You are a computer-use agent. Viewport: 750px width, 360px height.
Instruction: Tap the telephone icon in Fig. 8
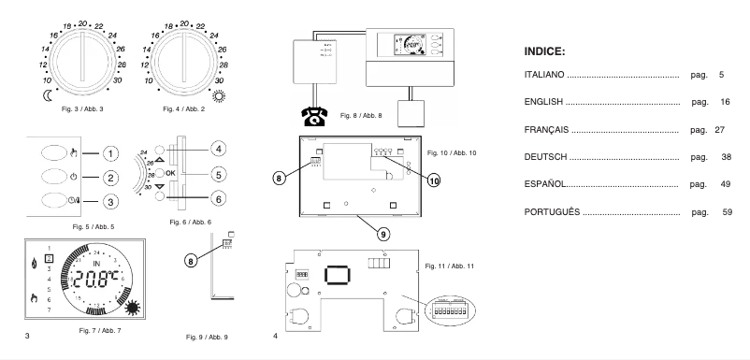pyautogui.click(x=312, y=117)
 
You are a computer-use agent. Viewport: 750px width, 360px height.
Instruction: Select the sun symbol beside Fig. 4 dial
pyautogui.click(x=221, y=95)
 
